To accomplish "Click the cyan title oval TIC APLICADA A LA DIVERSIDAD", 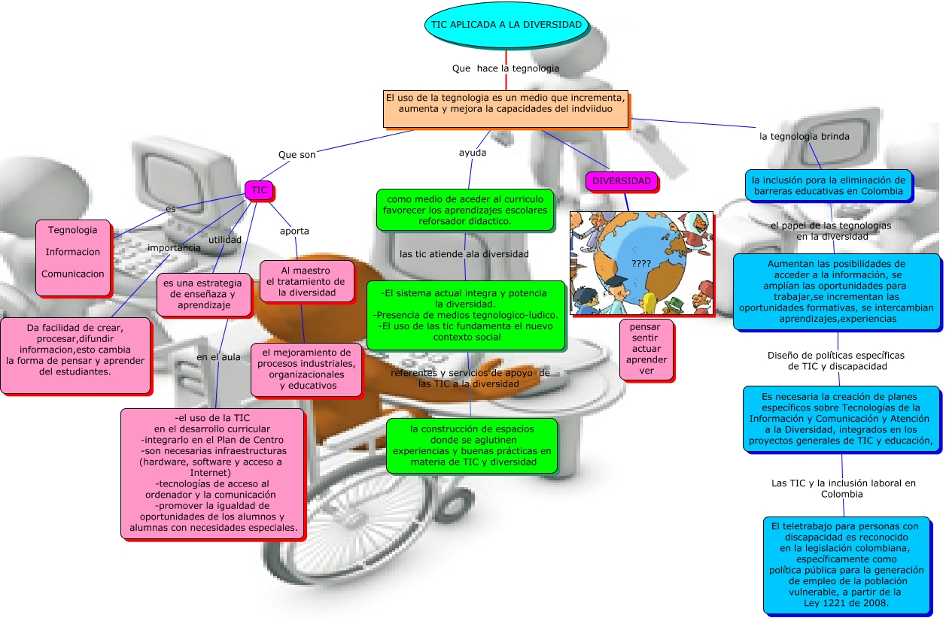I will point(506,25).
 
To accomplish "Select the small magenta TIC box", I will point(259,191).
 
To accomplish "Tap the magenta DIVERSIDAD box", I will point(621,181).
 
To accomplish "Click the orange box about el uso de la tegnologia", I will point(505,109).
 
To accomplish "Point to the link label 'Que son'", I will point(297,155).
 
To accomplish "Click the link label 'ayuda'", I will point(473,153).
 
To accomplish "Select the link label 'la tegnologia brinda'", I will point(804,137).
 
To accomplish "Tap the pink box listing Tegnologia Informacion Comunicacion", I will point(73,252).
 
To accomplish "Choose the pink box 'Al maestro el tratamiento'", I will point(306,281).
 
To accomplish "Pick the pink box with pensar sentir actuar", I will point(646,349).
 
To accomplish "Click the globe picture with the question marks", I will point(641,262).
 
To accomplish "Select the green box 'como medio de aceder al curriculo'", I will point(464,210).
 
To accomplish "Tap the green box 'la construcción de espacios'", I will point(472,445).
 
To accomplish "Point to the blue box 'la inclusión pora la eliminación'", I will point(829,186).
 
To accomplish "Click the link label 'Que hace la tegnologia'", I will point(506,68).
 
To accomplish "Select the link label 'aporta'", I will point(294,231).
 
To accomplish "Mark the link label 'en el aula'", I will point(218,357).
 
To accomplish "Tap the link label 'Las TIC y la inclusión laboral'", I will point(843,489).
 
